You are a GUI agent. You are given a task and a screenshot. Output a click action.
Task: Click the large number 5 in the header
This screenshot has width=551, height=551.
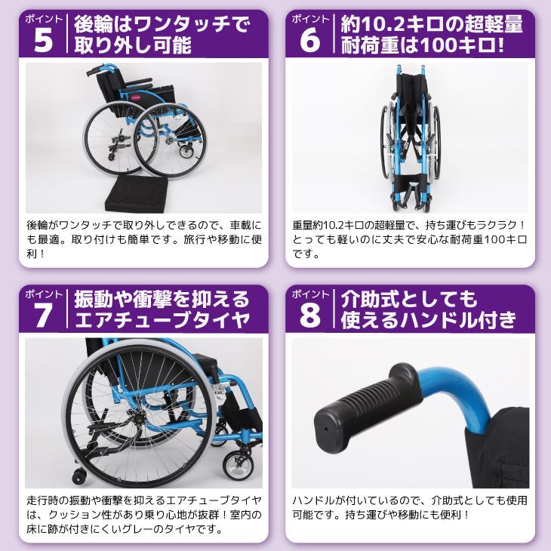(43, 40)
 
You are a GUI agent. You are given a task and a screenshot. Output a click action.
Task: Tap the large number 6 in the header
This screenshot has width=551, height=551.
(309, 40)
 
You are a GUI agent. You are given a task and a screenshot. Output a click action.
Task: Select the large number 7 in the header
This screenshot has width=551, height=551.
(43, 315)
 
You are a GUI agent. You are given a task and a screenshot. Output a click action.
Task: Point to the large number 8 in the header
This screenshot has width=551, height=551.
(309, 315)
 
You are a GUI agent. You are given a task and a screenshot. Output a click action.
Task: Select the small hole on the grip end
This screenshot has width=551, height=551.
(326, 429)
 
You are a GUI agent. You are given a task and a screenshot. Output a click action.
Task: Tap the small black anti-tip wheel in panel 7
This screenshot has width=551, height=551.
(79, 476)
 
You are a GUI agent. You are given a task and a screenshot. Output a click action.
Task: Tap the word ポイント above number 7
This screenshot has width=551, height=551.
(44, 294)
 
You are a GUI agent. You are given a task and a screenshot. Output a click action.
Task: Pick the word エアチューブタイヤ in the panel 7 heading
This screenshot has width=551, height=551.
(162, 320)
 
